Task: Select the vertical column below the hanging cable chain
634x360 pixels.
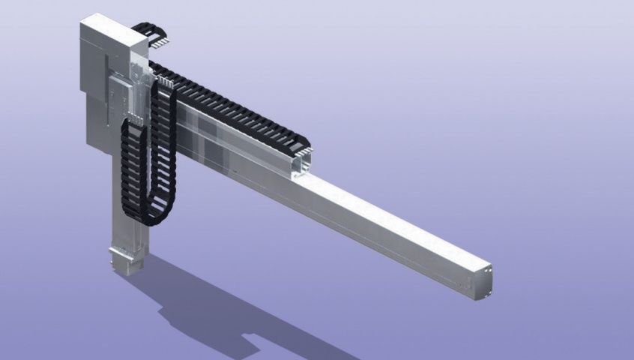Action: [x=127, y=225]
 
